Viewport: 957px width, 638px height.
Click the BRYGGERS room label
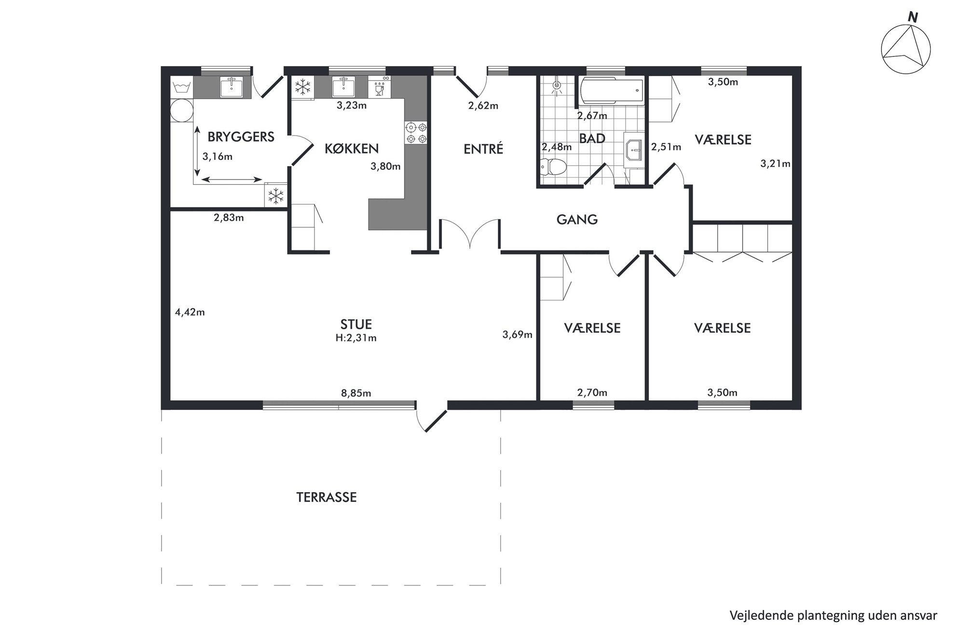coord(241,137)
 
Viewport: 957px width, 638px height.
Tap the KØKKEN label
coord(351,149)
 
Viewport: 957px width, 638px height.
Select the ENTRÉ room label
coord(483,149)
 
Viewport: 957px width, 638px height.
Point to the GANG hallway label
coord(577,220)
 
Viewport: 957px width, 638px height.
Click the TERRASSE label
coord(327,497)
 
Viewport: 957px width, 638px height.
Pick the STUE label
coord(356,324)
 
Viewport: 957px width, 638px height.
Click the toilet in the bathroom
coord(554,167)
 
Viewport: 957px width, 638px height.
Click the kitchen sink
coord(344,87)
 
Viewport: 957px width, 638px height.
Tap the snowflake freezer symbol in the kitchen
coord(302,87)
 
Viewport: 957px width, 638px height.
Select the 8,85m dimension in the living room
coord(356,393)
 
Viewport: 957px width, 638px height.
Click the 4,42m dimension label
coord(190,312)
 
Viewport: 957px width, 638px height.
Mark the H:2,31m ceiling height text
coord(356,338)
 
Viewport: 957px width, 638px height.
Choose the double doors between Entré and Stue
coord(470,234)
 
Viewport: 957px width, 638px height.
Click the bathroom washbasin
coord(633,150)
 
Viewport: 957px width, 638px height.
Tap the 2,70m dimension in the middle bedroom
coord(592,393)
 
